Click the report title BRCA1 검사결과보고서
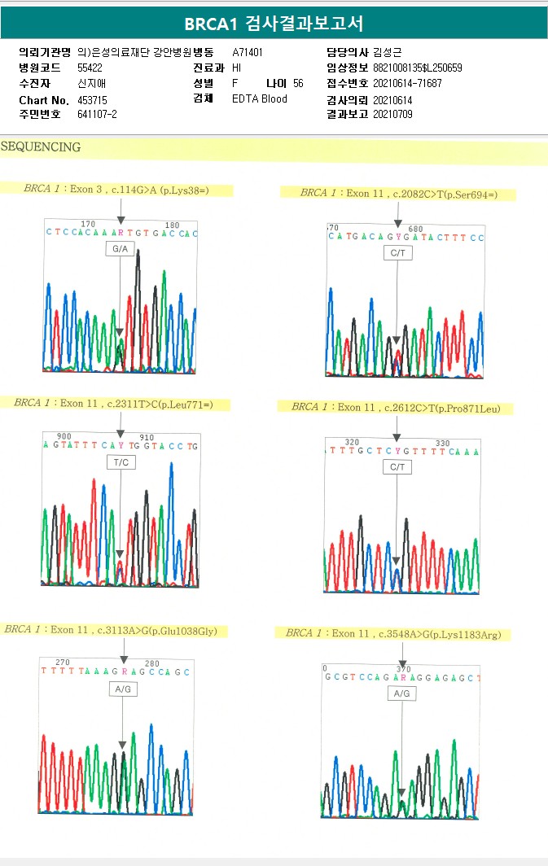[274, 24]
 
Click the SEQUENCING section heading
[41, 147]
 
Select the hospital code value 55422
[90, 68]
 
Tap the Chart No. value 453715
[92, 99]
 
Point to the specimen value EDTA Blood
[260, 98]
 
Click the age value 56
[298, 83]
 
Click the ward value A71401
[248, 52]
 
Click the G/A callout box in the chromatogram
[121, 248]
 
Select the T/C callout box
[121, 462]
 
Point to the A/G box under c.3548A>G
[401, 693]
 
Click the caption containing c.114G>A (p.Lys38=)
[127, 190]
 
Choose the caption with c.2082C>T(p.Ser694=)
[398, 193]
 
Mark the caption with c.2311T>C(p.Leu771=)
[113, 403]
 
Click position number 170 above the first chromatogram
[88, 224]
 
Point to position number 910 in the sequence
[147, 437]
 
